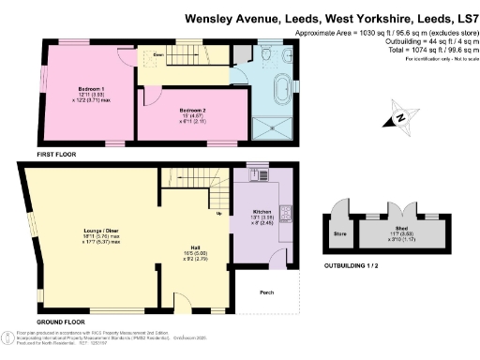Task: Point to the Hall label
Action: point(188,249)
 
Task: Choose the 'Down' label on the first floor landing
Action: point(159,55)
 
